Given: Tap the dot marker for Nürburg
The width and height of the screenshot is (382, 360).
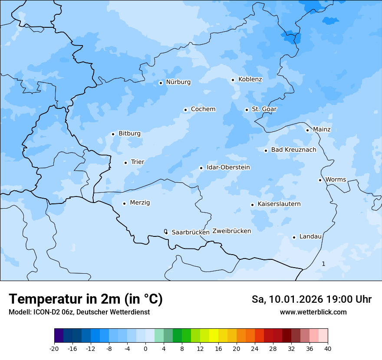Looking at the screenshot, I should [161, 83].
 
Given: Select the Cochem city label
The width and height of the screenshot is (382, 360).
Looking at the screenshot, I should [203, 109].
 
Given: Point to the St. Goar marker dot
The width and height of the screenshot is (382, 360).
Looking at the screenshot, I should [247, 110].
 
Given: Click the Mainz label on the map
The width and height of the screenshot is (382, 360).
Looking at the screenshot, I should [322, 130].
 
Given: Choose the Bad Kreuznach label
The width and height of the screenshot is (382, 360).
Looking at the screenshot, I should [293, 150].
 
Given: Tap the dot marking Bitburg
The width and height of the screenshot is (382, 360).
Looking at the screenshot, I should [113, 134].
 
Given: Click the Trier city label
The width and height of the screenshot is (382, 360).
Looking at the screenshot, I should [138, 162].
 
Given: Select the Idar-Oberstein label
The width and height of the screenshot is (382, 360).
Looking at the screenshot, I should [228, 167].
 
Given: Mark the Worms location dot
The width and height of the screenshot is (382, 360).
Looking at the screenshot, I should [320, 180].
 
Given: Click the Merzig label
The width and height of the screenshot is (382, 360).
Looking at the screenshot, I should [140, 203].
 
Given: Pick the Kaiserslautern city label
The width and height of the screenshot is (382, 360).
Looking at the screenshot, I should [279, 204].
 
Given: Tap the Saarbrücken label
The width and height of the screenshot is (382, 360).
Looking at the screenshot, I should [191, 232].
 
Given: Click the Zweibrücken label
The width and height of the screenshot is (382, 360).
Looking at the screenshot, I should [232, 231].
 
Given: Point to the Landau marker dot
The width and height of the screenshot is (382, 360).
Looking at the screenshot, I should [294, 237].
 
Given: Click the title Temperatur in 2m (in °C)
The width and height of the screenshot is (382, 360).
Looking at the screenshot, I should [86, 299].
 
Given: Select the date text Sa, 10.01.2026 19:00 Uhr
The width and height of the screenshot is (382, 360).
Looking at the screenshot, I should [311, 299].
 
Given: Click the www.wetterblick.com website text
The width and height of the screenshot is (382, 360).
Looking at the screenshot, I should [313, 312].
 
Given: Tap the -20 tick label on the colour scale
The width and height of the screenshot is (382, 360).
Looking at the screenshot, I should [54, 349].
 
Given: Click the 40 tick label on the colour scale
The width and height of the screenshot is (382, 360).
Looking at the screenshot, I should [328, 349].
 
